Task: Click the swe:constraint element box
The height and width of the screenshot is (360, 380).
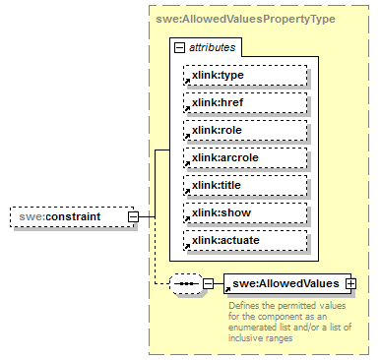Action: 71,216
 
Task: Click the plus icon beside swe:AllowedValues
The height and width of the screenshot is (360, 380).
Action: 348,283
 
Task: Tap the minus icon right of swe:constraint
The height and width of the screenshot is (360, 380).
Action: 146,216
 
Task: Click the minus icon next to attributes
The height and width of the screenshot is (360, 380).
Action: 178,47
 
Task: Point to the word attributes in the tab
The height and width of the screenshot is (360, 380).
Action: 211,47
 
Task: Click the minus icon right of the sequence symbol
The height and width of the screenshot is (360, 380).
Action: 208,284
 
